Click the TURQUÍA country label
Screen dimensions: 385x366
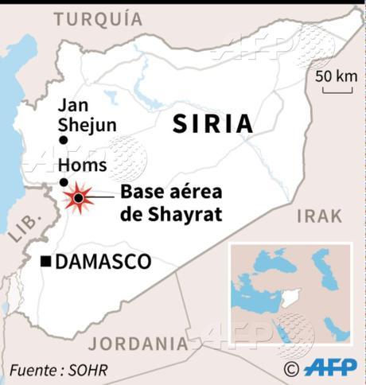pos(99,18)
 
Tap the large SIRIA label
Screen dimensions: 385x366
pos(213,123)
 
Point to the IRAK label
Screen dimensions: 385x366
pos(319,216)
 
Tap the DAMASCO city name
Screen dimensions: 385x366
pos(103,262)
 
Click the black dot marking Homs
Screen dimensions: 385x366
pos(64,181)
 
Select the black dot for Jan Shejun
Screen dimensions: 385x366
pos(64,141)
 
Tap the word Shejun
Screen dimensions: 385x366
pos(87,124)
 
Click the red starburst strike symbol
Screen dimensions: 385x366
pos(78,196)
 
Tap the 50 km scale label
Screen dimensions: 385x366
pos(336,76)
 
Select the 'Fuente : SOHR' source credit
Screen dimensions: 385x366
pos(58,369)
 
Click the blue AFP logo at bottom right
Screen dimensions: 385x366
pos(329,368)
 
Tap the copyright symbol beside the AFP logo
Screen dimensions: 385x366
pos(292,368)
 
